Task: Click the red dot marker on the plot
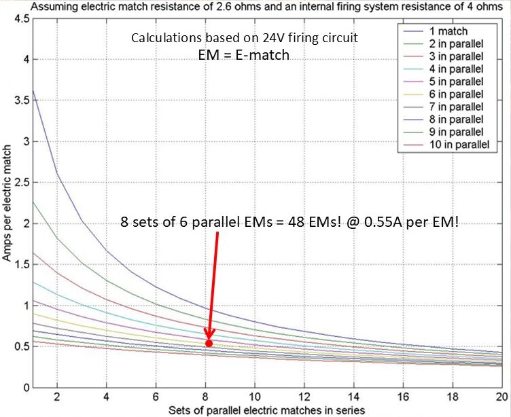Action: coord(209,343)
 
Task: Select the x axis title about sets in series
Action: coord(267,410)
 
